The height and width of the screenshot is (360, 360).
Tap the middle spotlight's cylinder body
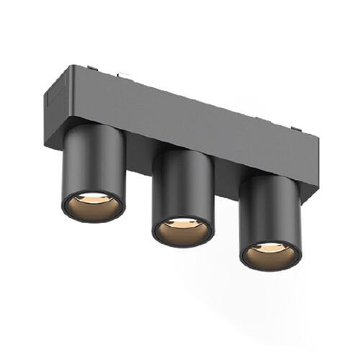[183, 184]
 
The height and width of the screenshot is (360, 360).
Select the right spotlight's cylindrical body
[271, 209]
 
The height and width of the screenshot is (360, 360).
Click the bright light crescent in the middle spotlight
[182, 223]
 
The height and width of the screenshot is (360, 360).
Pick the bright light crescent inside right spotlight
[271, 248]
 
